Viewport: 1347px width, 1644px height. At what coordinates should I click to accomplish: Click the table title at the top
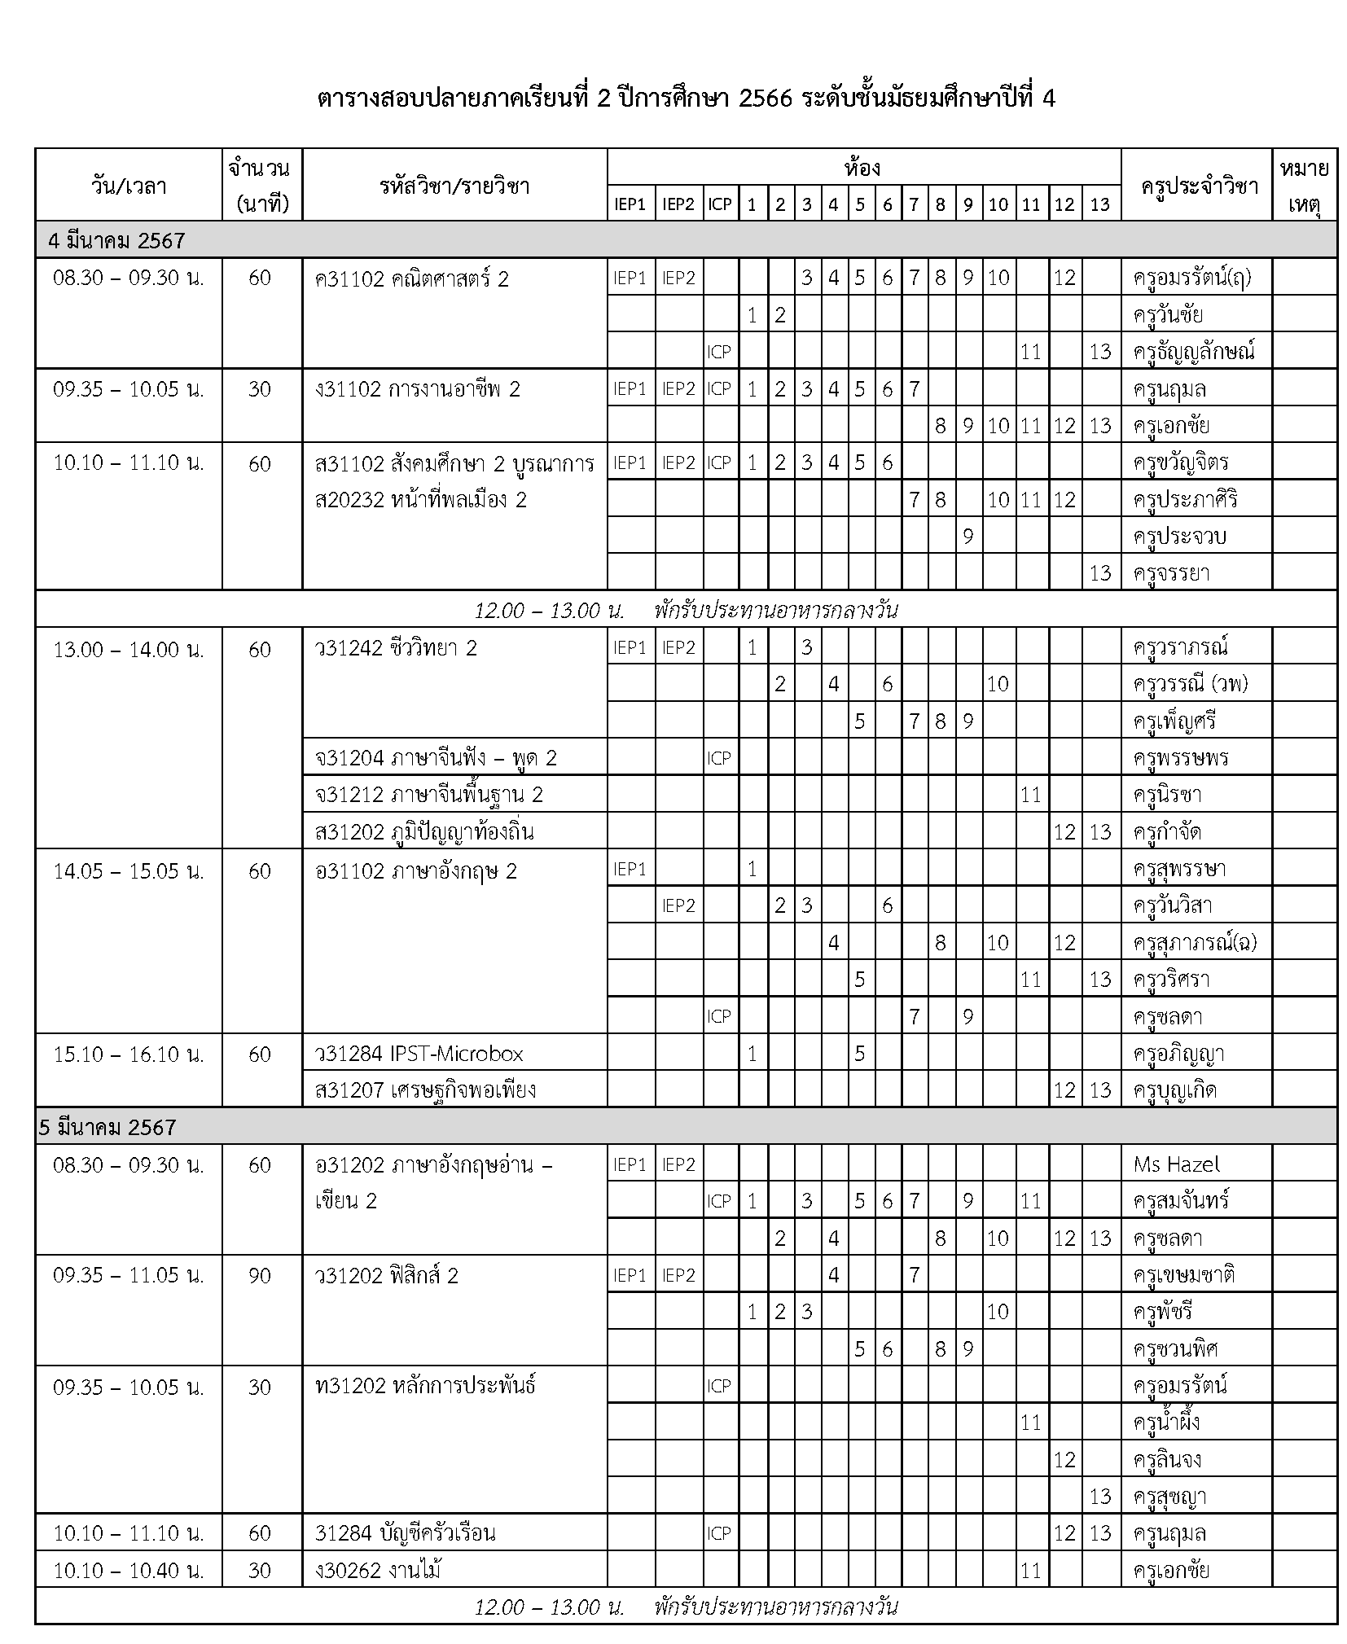(x=686, y=99)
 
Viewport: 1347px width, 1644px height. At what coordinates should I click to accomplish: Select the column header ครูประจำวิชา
(x=1195, y=186)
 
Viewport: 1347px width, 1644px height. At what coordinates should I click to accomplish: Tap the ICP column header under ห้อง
(x=719, y=204)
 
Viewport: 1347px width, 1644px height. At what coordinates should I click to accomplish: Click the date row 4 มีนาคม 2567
(x=112, y=241)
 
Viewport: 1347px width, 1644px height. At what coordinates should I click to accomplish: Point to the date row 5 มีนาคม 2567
(x=107, y=1127)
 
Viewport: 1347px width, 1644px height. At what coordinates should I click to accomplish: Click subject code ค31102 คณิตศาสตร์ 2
(x=411, y=279)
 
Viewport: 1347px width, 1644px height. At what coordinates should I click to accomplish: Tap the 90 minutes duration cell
(x=260, y=1275)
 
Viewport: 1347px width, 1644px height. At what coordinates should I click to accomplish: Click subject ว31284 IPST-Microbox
(x=419, y=1054)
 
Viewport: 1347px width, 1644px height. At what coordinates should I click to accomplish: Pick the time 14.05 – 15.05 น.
(x=129, y=871)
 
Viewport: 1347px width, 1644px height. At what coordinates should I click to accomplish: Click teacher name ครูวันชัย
(x=1167, y=315)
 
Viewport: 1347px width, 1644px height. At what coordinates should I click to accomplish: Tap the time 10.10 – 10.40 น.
(x=129, y=1570)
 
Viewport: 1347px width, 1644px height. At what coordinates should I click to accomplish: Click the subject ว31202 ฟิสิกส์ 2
(x=387, y=1275)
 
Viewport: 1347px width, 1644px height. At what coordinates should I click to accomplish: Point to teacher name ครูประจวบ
(x=1178, y=537)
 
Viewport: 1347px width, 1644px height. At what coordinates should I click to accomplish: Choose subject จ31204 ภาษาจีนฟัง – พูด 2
(x=436, y=758)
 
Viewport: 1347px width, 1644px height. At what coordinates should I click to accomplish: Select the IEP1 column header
(x=630, y=204)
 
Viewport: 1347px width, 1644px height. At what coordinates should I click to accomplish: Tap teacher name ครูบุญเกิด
(x=1174, y=1090)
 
